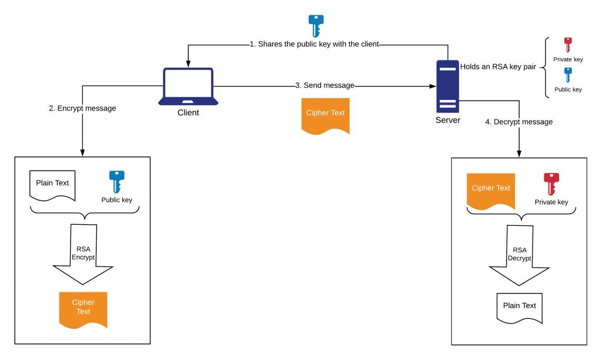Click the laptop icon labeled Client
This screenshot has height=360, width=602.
(188, 86)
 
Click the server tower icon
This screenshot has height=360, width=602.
(447, 86)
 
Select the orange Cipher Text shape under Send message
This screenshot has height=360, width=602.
(325, 115)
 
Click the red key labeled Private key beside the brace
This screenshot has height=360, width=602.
(568, 45)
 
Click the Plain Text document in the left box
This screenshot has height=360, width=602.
(52, 185)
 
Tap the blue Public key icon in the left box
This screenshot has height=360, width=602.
(117, 181)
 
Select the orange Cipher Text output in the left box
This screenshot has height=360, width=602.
(83, 308)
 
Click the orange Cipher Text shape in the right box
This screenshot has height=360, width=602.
(491, 191)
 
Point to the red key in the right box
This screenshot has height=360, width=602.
(551, 184)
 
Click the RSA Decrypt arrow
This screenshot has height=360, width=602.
(519, 255)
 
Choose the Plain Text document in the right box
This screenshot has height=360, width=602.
(519, 307)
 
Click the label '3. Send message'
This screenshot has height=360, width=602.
(325, 86)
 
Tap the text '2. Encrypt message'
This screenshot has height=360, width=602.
(82, 108)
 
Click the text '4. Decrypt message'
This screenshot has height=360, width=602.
(519, 122)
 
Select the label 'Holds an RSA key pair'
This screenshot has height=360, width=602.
(498, 66)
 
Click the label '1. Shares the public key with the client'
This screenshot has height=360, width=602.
(314, 44)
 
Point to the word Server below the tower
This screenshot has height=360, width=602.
(447, 121)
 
